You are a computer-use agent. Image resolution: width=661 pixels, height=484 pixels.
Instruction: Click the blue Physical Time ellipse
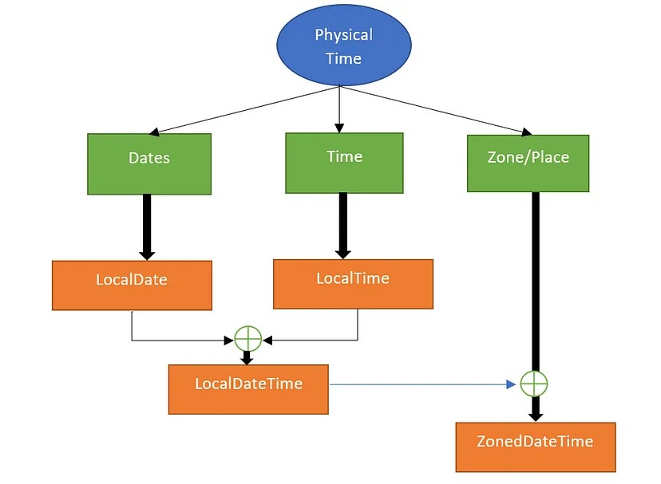point(343,45)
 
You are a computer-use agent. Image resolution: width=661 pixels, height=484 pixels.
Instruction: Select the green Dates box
point(149,163)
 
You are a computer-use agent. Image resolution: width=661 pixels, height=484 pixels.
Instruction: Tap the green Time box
point(344,163)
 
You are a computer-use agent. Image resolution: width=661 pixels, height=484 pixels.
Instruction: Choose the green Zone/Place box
point(528,163)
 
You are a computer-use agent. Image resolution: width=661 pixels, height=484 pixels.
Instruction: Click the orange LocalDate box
point(132,285)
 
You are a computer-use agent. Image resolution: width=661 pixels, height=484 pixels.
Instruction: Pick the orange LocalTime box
point(353,284)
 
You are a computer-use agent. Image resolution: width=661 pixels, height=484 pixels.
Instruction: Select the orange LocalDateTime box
point(248,389)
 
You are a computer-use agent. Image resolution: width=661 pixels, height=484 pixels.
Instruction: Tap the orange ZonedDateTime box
point(535,447)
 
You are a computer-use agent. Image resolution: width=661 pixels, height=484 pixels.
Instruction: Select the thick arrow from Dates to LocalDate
point(147,226)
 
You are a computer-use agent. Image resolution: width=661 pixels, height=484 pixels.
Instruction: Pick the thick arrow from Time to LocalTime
point(343,225)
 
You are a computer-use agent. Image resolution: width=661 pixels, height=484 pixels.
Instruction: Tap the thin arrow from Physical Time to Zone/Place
point(439,108)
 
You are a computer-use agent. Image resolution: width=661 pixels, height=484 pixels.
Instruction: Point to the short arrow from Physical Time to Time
point(339,108)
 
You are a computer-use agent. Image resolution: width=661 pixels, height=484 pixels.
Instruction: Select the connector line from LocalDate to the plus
point(176,340)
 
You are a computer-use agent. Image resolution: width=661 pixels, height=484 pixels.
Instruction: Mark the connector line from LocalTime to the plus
point(319,340)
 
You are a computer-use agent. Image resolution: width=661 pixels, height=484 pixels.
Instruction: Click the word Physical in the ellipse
point(343,35)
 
